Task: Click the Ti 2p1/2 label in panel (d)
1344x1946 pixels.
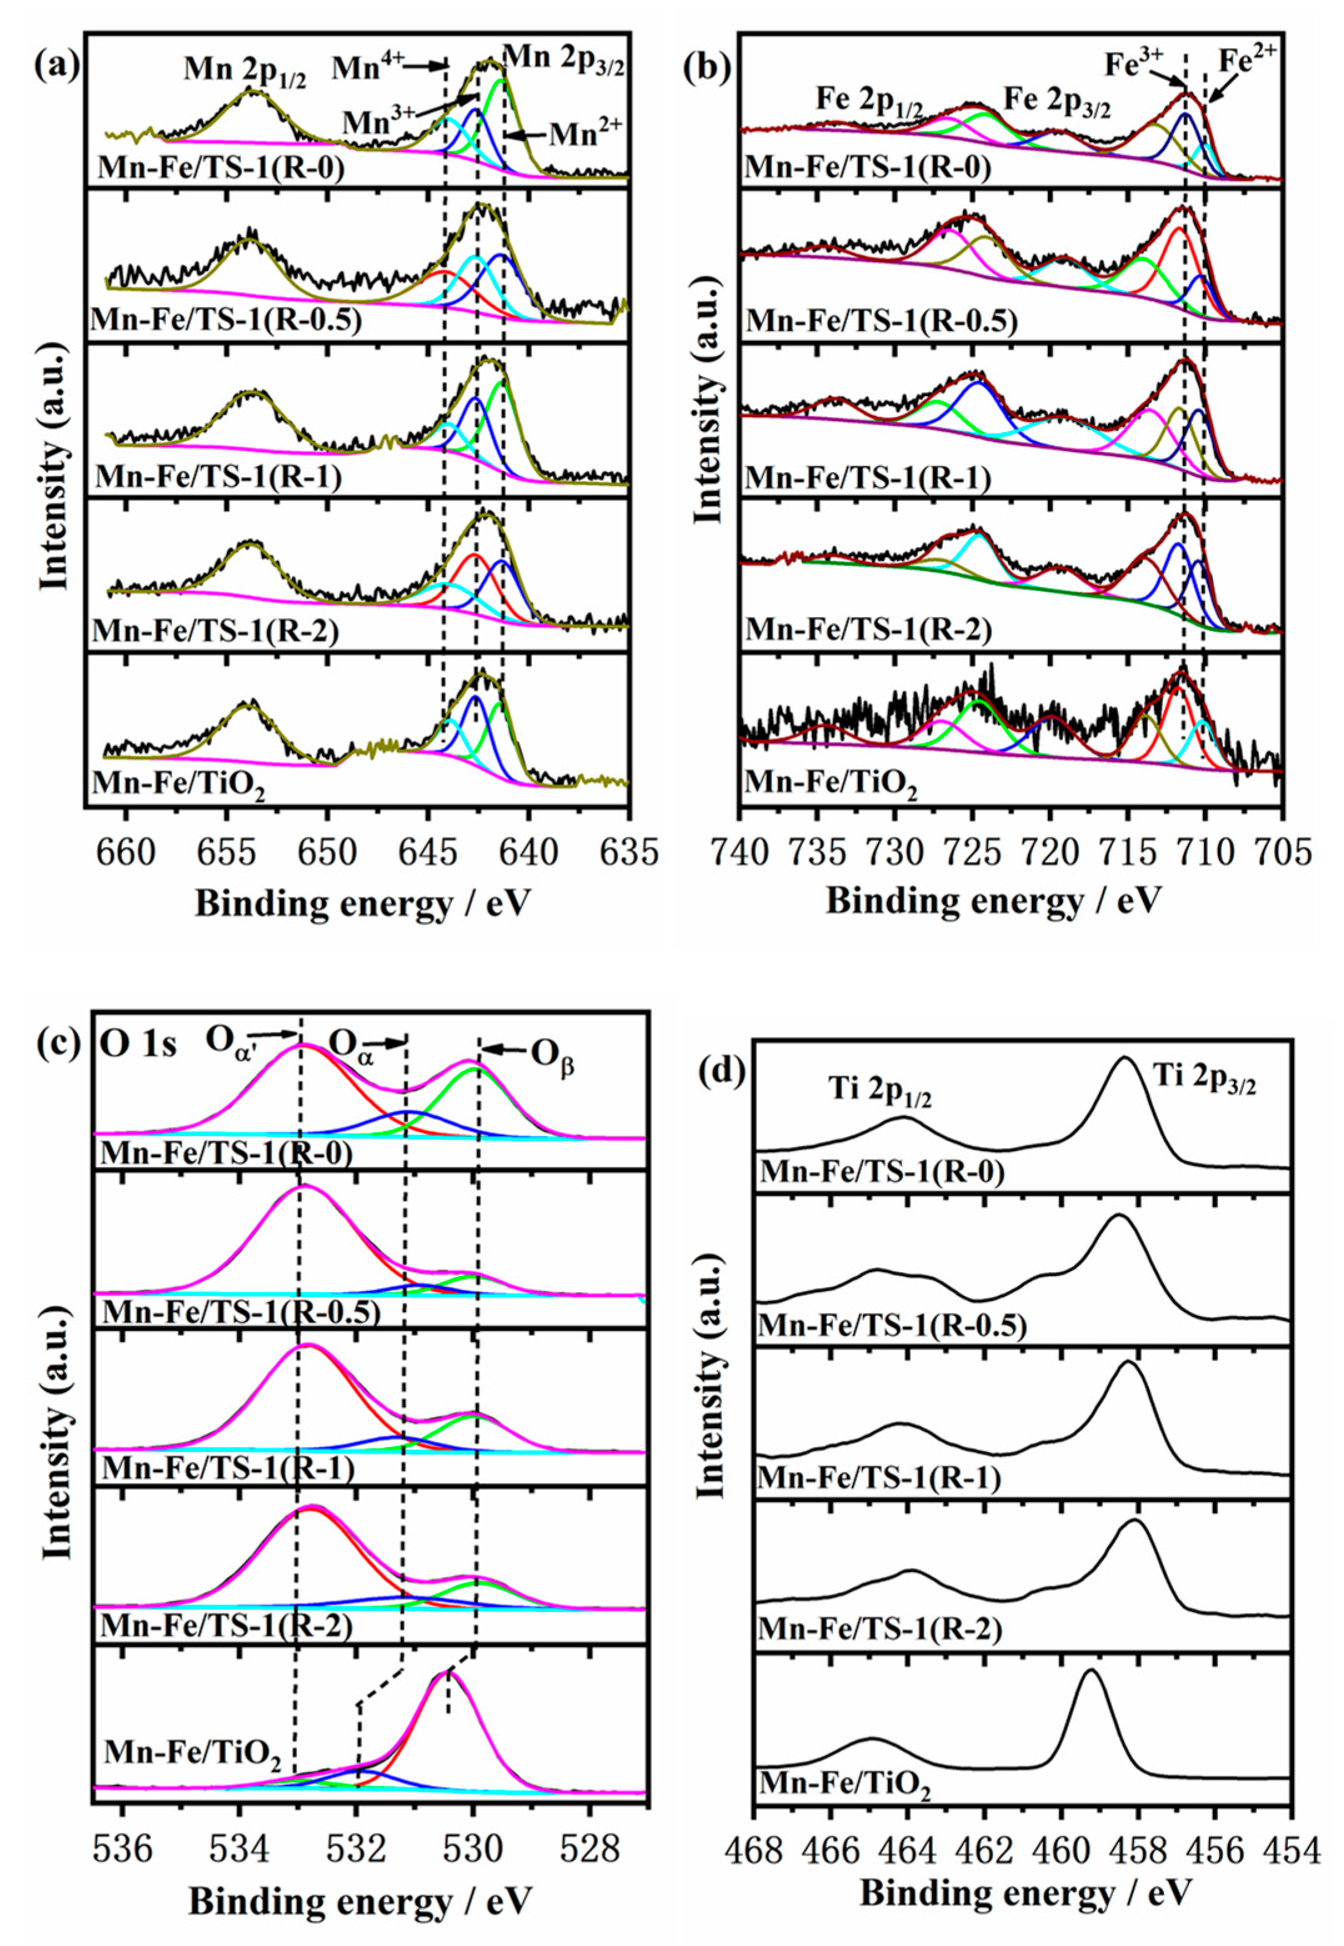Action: [876, 1095]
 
